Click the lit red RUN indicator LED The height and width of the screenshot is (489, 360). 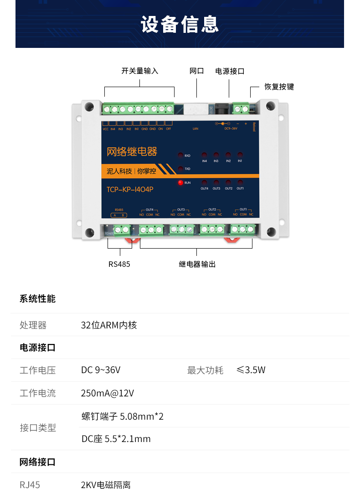click(x=180, y=183)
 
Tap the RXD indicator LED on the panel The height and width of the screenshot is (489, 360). click(x=180, y=155)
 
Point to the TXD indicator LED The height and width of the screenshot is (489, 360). click(x=180, y=169)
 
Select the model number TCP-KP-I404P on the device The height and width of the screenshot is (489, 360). click(x=130, y=189)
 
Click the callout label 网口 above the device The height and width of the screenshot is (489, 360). click(x=197, y=71)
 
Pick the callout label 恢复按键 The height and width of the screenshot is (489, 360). click(x=279, y=87)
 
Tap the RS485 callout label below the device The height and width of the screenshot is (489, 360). click(x=119, y=264)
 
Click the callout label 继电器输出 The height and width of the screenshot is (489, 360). click(x=197, y=264)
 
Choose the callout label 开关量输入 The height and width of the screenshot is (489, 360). click(x=139, y=71)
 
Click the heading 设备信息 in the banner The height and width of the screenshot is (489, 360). click(x=180, y=24)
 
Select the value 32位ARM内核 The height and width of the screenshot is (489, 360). click(x=109, y=325)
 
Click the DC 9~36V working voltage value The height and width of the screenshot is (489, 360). click(x=101, y=370)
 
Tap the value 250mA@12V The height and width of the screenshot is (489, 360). click(x=108, y=393)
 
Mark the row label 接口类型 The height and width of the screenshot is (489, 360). click(x=38, y=428)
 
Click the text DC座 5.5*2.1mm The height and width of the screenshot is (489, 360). click(x=116, y=439)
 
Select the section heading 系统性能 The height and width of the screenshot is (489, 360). click(x=37, y=299)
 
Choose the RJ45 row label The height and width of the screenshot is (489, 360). click(x=30, y=484)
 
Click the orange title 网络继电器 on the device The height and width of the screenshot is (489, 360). click(x=132, y=151)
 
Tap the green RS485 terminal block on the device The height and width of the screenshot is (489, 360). click(x=121, y=229)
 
